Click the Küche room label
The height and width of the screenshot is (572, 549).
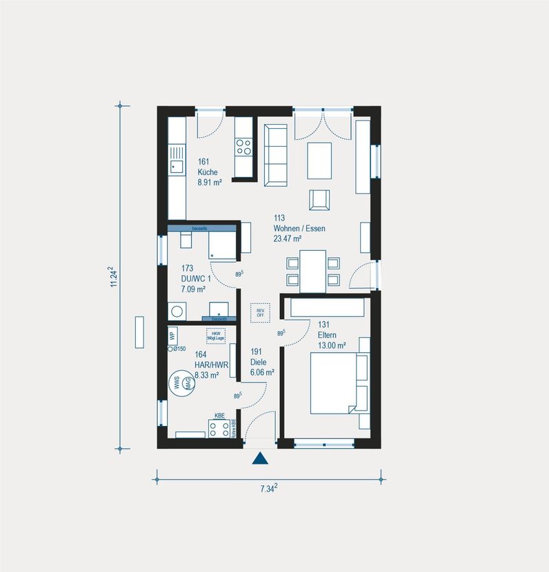(208, 172)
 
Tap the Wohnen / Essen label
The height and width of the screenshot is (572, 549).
(299, 228)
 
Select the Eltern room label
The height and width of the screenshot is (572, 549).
(328, 335)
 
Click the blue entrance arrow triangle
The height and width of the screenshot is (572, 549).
(260, 459)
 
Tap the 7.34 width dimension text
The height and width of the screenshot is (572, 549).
(268, 489)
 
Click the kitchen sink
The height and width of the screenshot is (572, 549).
(177, 165)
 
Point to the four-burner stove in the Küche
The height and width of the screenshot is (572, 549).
(243, 146)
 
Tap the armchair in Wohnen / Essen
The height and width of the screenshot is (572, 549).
(319, 199)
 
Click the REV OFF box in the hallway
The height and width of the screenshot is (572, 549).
(260, 312)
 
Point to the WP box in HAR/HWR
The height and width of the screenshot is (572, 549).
(172, 336)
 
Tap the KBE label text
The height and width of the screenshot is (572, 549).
(220, 416)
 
